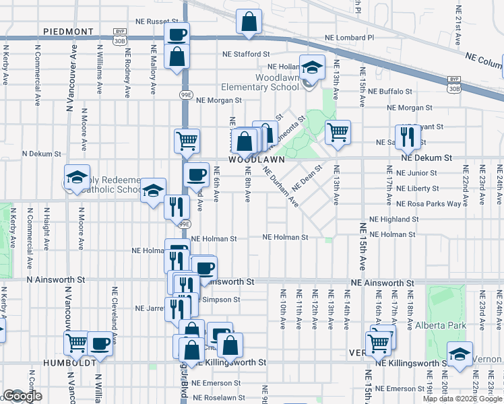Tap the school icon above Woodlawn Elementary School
point(313,68)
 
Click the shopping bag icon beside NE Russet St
point(249,22)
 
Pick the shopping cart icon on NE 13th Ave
point(338,132)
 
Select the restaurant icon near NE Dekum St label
point(408,138)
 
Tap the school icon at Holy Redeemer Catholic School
point(77,177)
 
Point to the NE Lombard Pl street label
point(348,38)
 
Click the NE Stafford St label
point(247,54)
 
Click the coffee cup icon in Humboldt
point(100,343)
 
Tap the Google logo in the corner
point(22,397)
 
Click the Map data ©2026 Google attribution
point(462,399)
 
